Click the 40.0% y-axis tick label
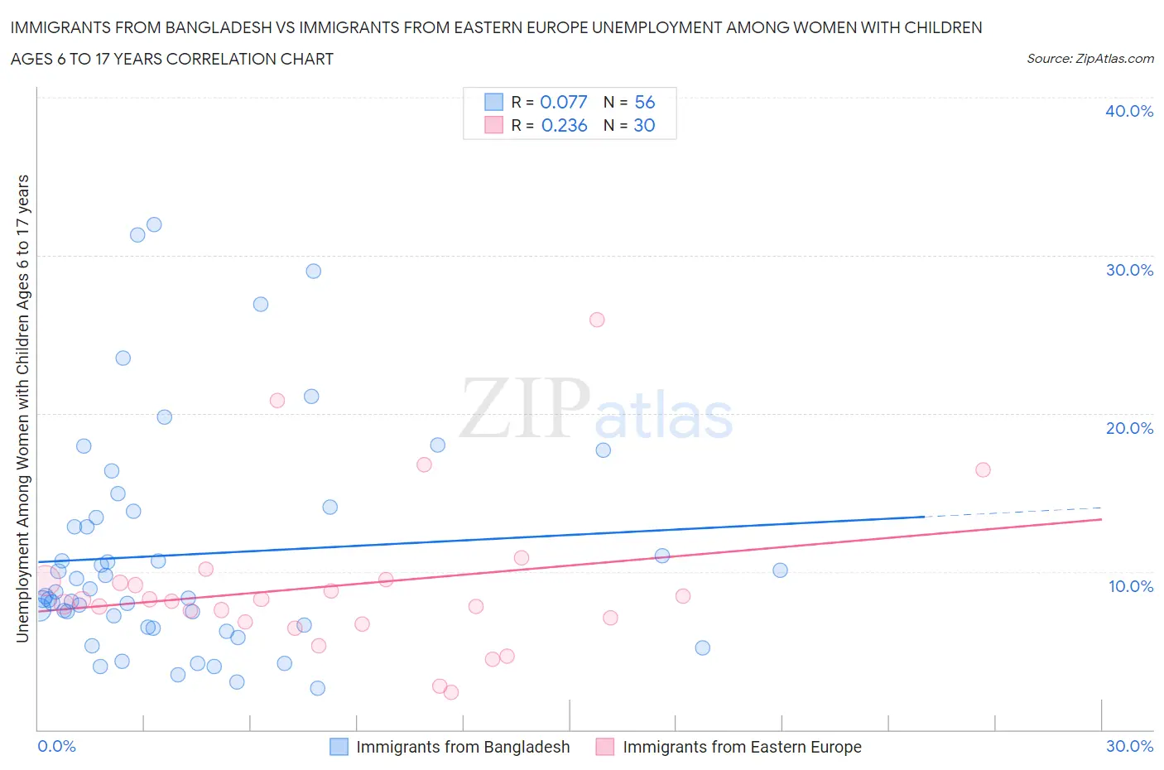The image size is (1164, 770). tap(1128, 111)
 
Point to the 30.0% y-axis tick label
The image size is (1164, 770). tap(1128, 270)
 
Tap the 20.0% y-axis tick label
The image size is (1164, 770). tap(1128, 428)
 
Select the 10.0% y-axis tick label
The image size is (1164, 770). tap(1130, 586)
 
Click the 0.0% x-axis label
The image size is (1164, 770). tap(56, 746)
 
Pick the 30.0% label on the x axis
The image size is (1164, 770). tap(1129, 746)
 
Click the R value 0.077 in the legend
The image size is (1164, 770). tap(563, 102)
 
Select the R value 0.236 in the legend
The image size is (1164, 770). tap(564, 125)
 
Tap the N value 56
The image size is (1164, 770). tap(644, 102)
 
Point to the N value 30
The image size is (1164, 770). tap(644, 125)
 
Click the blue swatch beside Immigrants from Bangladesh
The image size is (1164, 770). tap(339, 747)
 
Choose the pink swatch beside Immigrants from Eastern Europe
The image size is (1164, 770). tap(605, 747)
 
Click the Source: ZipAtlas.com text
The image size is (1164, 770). tap(1089, 58)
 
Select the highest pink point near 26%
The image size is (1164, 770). tap(597, 320)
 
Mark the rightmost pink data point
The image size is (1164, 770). tap(983, 469)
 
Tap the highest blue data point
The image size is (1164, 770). tap(154, 224)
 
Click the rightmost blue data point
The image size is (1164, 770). tap(780, 570)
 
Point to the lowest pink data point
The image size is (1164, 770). tap(451, 692)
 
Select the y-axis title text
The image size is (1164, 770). tap(22, 408)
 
